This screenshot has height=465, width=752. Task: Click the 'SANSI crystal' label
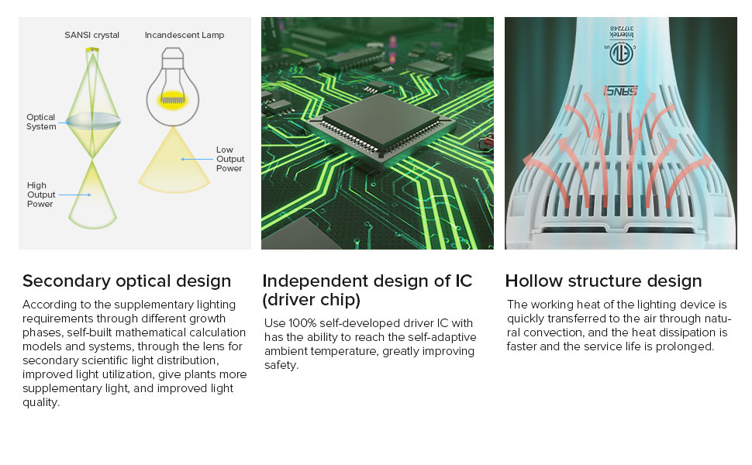91,35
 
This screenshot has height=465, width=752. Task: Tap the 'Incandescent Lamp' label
185,35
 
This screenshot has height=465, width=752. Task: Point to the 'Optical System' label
41,122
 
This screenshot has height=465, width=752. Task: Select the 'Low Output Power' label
230,159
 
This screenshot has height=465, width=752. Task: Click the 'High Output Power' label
41,195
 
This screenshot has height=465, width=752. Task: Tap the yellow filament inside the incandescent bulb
173,99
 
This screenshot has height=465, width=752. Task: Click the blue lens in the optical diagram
93,121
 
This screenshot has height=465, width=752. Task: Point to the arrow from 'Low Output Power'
197,159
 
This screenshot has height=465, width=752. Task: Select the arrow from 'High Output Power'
75,195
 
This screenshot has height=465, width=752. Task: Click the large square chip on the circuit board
381,126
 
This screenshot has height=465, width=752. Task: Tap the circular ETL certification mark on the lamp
621,53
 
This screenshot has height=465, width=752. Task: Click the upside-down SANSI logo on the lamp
620,91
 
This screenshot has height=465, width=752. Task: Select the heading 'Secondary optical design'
126,281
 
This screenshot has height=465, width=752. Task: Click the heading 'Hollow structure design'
603,281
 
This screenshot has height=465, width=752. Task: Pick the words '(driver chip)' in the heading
311,300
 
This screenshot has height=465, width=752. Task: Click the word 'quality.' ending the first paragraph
41,402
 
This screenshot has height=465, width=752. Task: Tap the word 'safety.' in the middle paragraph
281,365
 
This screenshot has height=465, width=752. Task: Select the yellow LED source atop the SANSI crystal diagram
92,50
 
